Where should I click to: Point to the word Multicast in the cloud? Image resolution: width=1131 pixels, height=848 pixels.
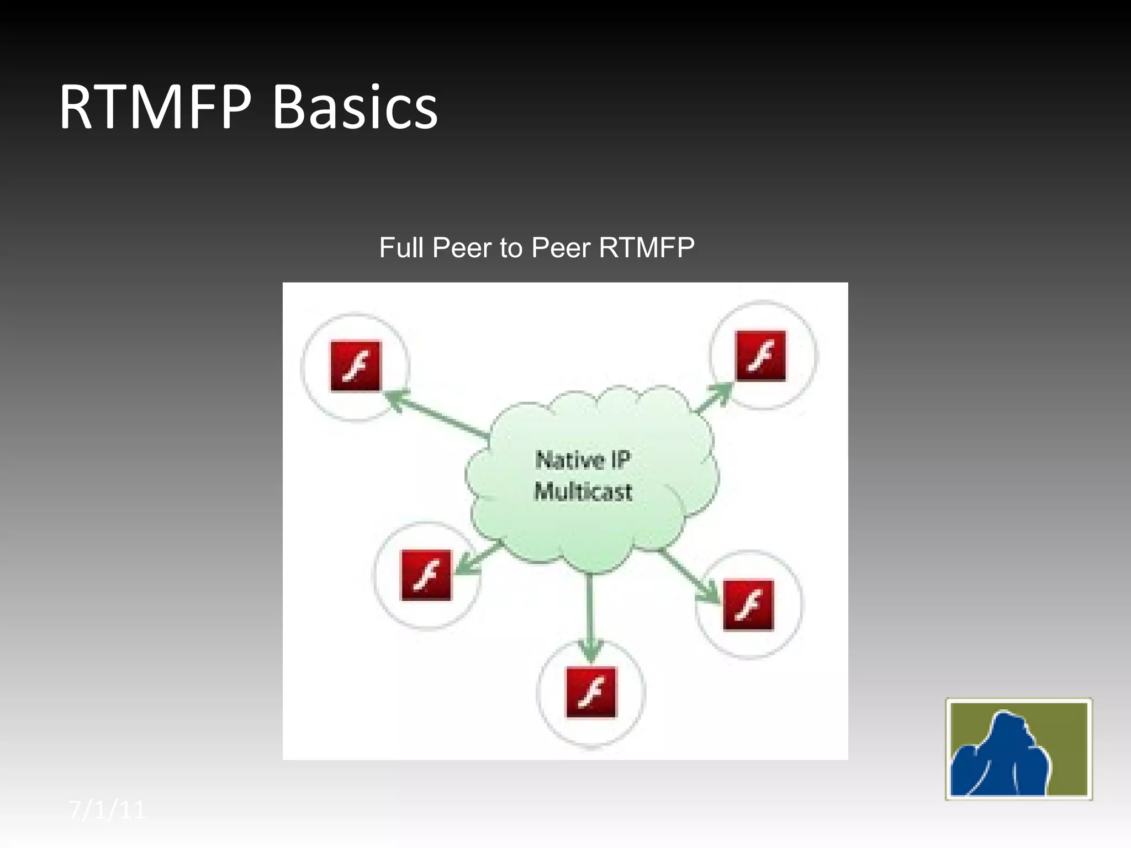583,491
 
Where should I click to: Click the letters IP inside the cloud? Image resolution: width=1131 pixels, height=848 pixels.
620,459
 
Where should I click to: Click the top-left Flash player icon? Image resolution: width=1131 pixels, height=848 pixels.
356,366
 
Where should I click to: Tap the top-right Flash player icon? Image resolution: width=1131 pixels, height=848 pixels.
760,356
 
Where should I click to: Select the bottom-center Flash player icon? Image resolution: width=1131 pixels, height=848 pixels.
591,692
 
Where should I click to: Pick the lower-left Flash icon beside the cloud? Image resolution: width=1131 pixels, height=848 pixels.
426,575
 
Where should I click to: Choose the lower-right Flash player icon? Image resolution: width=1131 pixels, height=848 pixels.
748,605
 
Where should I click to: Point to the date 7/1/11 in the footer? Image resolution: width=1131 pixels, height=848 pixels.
107,810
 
